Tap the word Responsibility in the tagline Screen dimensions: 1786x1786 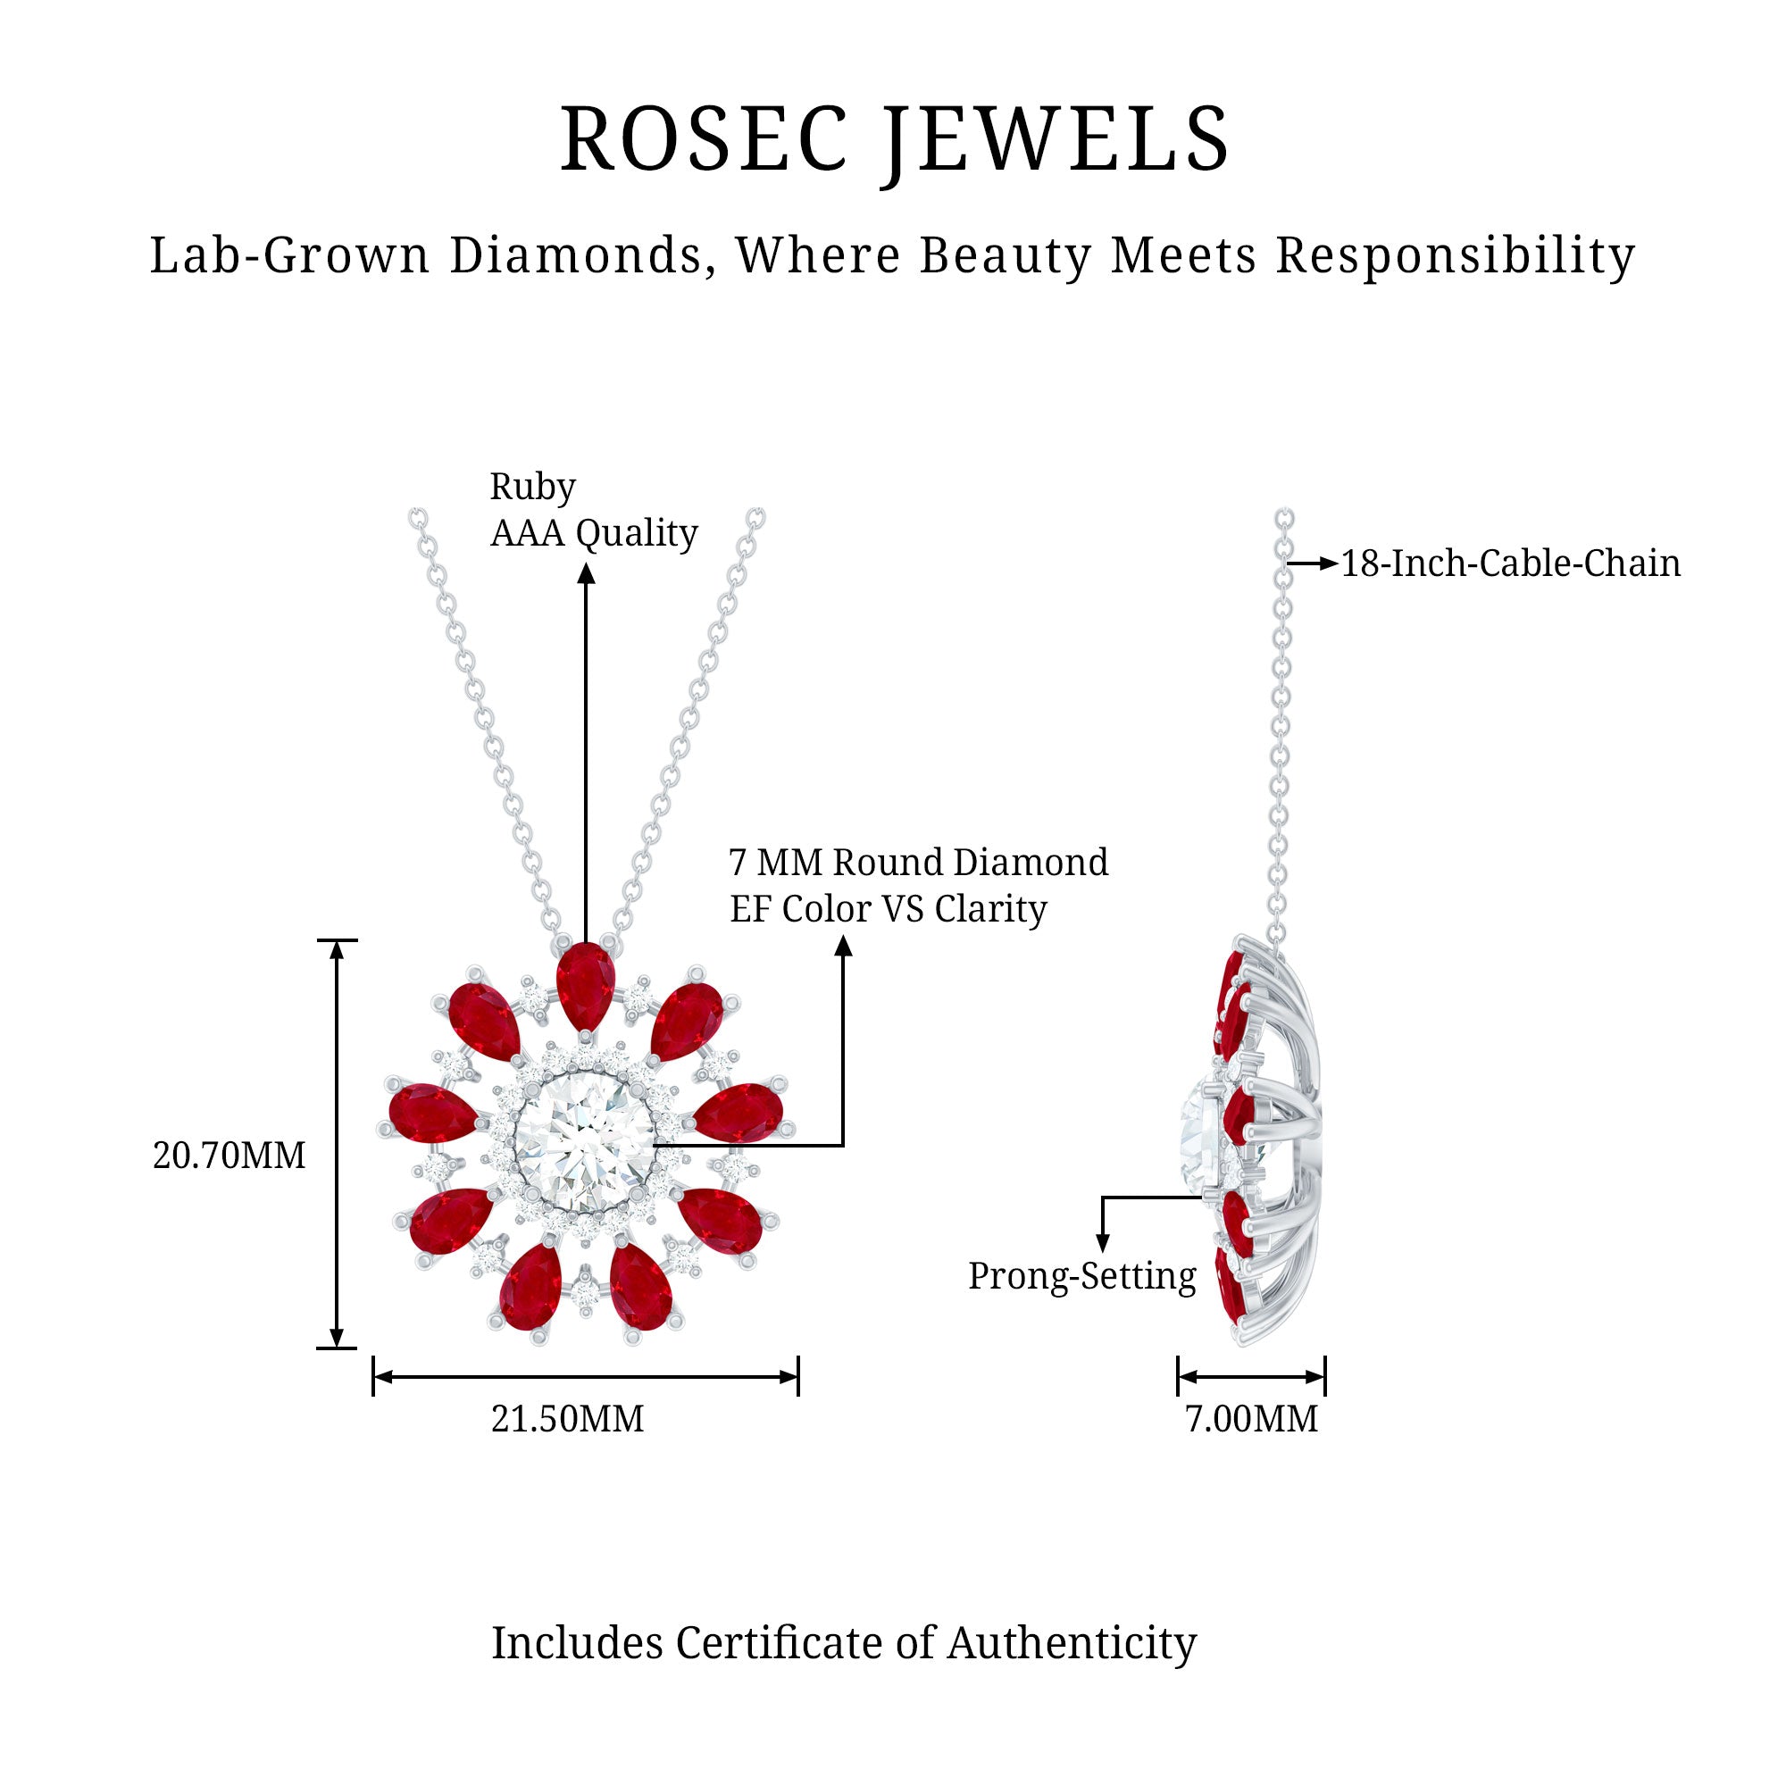(1455, 256)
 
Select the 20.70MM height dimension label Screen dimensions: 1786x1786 (229, 1156)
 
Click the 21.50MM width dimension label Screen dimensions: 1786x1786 (567, 1419)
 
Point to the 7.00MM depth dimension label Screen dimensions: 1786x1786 (1251, 1419)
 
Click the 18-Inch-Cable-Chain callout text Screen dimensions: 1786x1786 (1509, 563)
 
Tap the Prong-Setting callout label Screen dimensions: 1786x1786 (1081, 1277)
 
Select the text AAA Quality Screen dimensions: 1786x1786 (594, 533)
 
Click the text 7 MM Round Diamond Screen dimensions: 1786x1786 (918, 863)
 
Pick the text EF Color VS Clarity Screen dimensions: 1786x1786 (888, 910)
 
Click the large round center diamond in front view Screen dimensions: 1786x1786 (584, 1139)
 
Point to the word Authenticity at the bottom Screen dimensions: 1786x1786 (1072, 1643)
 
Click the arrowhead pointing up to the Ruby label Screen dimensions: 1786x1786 (585, 574)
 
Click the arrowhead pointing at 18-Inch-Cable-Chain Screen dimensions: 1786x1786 (1329, 563)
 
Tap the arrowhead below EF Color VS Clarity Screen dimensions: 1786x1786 (843, 946)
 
